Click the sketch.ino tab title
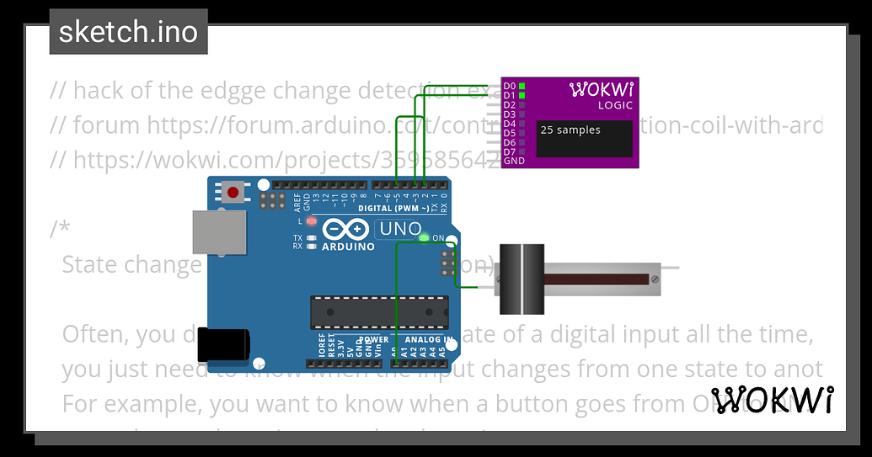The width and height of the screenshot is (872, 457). pos(128,32)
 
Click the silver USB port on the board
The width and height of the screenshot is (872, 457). pos(218,231)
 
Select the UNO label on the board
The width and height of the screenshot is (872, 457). pos(401,228)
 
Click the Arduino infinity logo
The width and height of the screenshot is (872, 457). pos(345,229)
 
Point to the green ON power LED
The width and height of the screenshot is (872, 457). pos(423,237)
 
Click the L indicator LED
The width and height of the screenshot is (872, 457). pos(312,221)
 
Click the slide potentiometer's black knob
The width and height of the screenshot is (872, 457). pos(522,279)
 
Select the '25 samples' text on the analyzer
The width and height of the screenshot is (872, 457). pos(570,130)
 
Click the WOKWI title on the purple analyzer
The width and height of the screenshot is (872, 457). pos(602,89)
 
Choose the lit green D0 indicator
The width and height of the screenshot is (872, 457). pos(522,86)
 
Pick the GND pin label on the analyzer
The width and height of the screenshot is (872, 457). pos(513,161)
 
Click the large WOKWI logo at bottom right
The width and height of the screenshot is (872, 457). pos(773,399)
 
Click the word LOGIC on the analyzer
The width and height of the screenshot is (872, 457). pos(616,105)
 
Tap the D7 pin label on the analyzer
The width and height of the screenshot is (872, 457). pos(509,151)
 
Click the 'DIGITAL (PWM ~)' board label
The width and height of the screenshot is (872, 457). pos(393,207)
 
